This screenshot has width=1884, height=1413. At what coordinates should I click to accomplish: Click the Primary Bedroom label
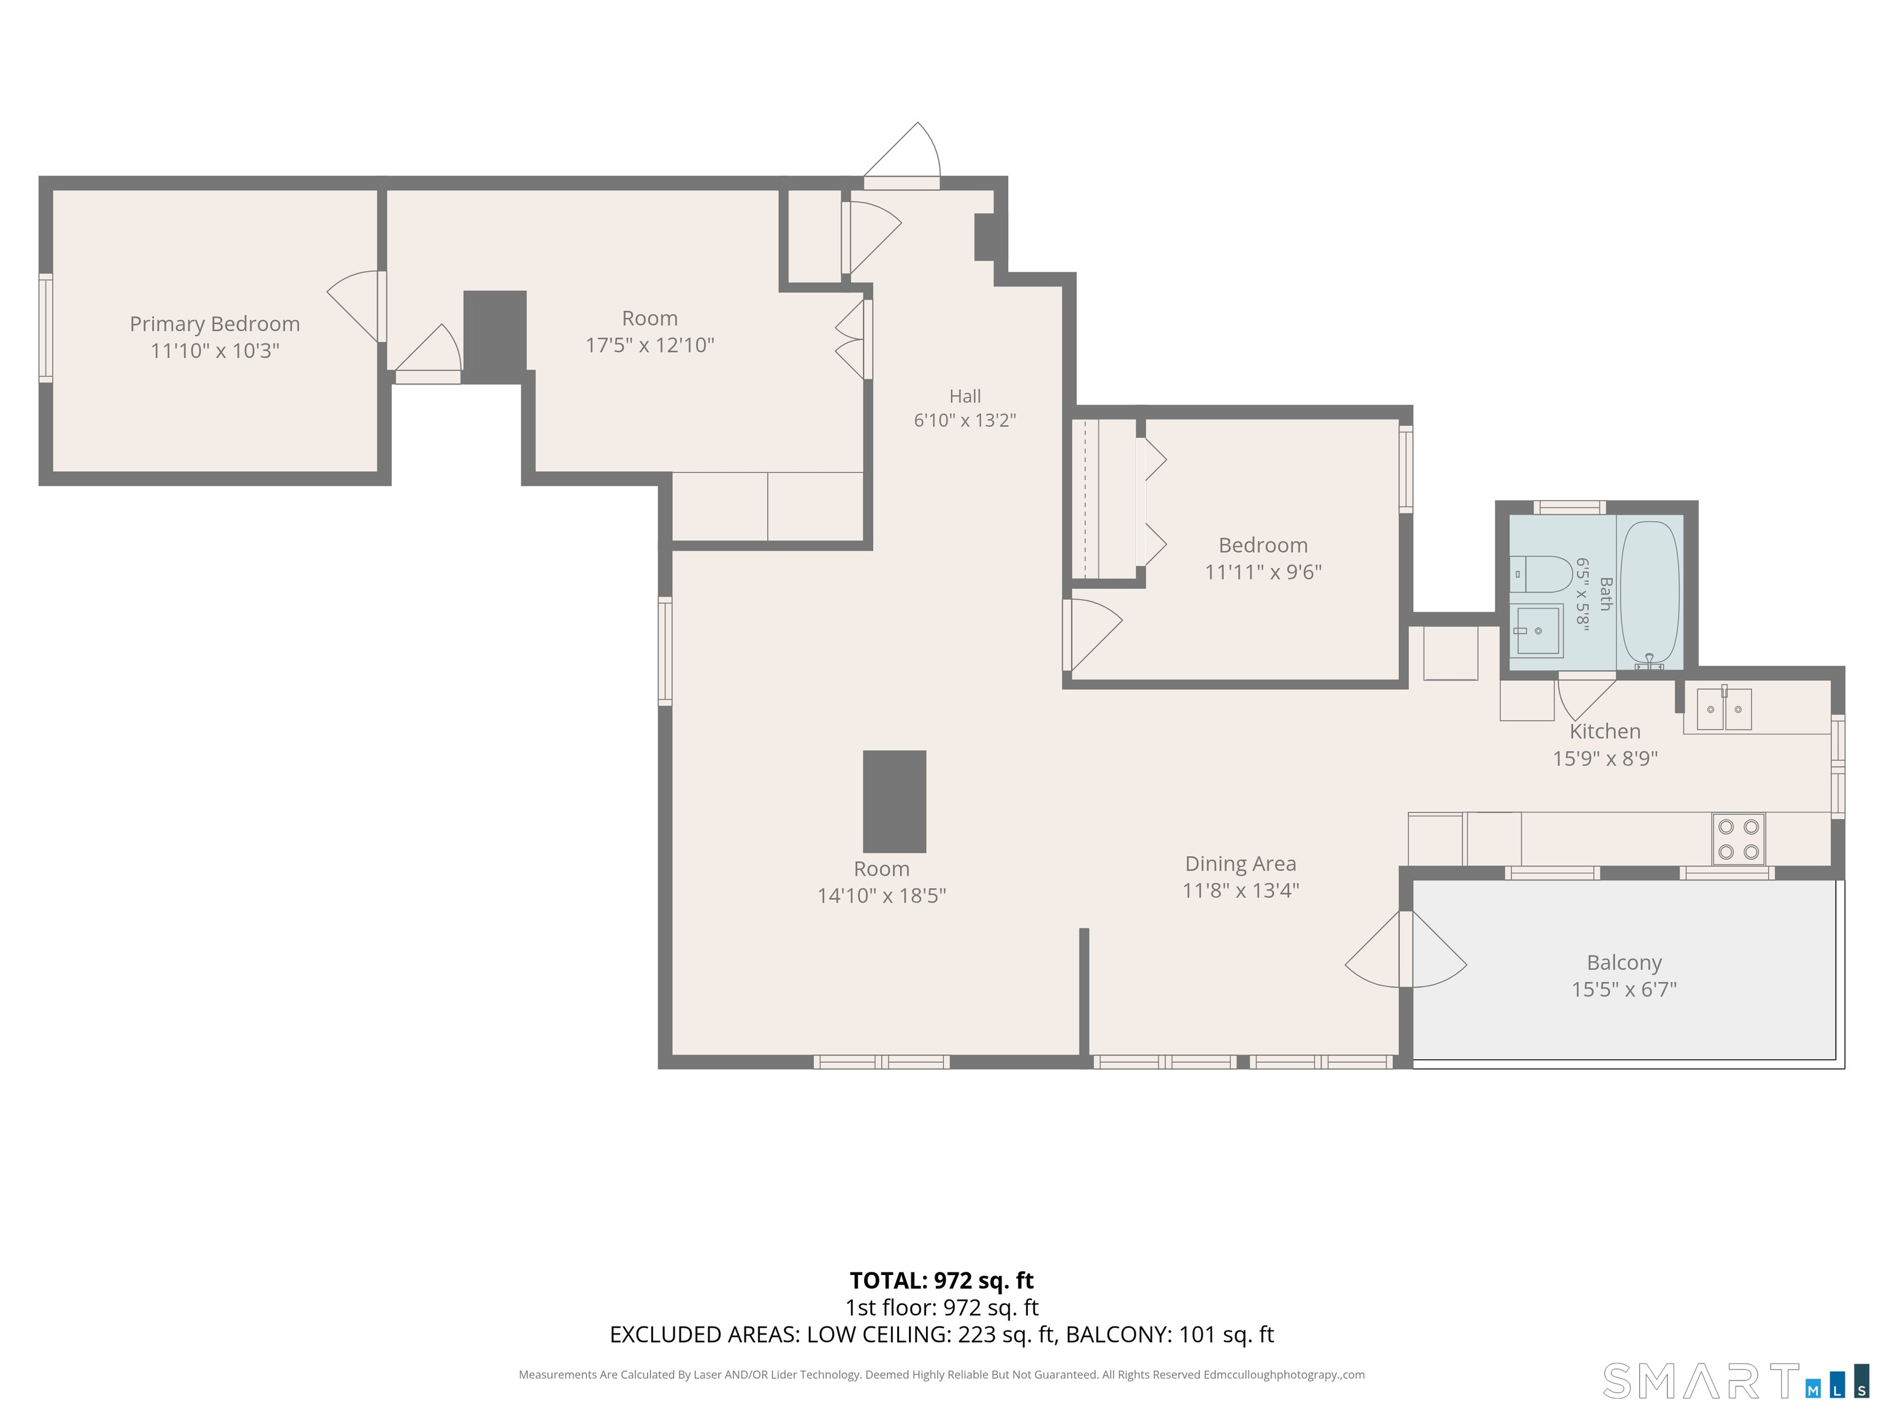pyautogui.click(x=215, y=324)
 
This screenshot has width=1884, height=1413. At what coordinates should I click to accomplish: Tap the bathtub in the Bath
pyautogui.click(x=1649, y=594)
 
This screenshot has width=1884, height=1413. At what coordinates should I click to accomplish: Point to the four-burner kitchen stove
pyautogui.click(x=1739, y=839)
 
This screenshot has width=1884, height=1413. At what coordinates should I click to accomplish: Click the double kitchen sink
pyautogui.click(x=1724, y=708)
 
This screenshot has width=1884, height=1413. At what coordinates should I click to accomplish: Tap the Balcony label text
pyautogui.click(x=1624, y=962)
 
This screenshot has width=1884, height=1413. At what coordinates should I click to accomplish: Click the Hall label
pyautogui.click(x=965, y=396)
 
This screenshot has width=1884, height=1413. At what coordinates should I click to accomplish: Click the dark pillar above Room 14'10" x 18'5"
pyautogui.click(x=894, y=802)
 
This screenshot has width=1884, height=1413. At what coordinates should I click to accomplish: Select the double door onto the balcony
pyautogui.click(x=1406, y=949)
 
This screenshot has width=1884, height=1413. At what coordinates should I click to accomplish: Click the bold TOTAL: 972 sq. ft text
pyautogui.click(x=941, y=1280)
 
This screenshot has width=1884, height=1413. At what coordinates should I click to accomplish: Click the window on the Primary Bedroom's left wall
pyautogui.click(x=46, y=328)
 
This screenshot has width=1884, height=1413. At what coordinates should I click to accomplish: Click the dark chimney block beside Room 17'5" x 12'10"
pyautogui.click(x=495, y=337)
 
